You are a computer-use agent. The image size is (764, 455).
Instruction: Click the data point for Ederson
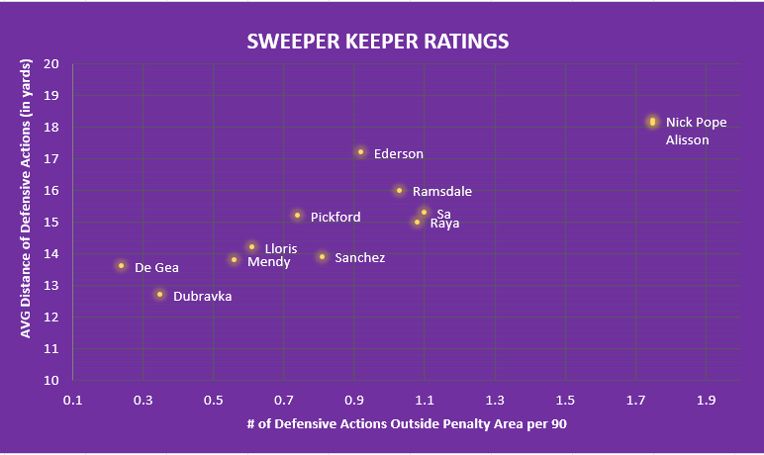click(x=361, y=152)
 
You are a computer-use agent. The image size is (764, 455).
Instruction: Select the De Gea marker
click(x=122, y=265)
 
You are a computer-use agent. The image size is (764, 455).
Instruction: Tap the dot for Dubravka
click(x=159, y=294)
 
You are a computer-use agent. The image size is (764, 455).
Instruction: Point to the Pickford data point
click(x=297, y=215)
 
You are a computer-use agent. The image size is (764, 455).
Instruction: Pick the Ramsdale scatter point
click(x=399, y=190)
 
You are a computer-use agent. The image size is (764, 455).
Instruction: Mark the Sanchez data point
click(x=322, y=256)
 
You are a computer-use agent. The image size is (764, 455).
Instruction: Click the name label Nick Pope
click(x=696, y=123)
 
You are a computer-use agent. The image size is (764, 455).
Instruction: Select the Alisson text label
click(x=688, y=139)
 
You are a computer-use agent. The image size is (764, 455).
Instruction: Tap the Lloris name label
click(x=281, y=248)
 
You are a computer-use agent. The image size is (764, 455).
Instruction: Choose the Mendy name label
click(x=268, y=262)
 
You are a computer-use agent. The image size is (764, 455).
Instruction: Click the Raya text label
click(x=444, y=224)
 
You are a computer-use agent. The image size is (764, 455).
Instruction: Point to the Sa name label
click(x=444, y=212)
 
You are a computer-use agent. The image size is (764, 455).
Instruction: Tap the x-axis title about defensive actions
click(x=407, y=423)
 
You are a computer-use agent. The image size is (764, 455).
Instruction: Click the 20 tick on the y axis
click(x=52, y=64)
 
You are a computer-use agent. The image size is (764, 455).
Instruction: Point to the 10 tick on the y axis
click(x=52, y=381)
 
